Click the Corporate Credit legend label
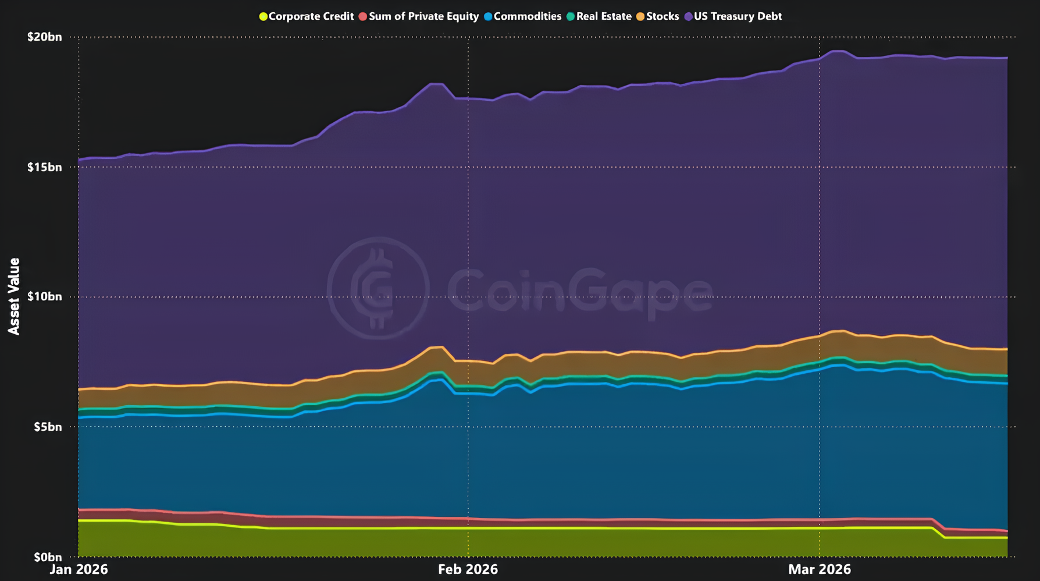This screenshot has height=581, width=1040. pos(311,16)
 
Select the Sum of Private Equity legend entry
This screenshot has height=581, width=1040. pos(423,16)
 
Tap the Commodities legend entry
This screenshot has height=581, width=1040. pos(527,16)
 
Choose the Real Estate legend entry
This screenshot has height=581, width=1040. pos(604,16)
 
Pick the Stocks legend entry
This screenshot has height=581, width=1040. pos(663,16)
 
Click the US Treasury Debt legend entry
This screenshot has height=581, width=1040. pos(738,16)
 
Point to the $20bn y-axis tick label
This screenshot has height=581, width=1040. pos(44,37)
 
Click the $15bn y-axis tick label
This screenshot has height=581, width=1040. pos(44,168)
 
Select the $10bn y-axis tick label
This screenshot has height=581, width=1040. pos(44,297)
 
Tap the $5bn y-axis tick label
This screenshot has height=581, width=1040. pos(47,427)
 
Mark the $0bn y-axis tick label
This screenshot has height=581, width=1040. pos(47,557)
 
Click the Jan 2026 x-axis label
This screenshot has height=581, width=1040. pos(79,569)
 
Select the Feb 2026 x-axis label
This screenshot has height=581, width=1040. pos(468,569)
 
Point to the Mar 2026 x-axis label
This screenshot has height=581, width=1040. pos(819,569)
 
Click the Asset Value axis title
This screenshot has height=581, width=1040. pos(14,296)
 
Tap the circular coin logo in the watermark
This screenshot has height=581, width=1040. pos(378,288)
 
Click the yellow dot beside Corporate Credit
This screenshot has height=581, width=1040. pos(263,16)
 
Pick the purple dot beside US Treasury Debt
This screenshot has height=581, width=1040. pos(689,16)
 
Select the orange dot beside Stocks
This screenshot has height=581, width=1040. pos(640,16)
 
